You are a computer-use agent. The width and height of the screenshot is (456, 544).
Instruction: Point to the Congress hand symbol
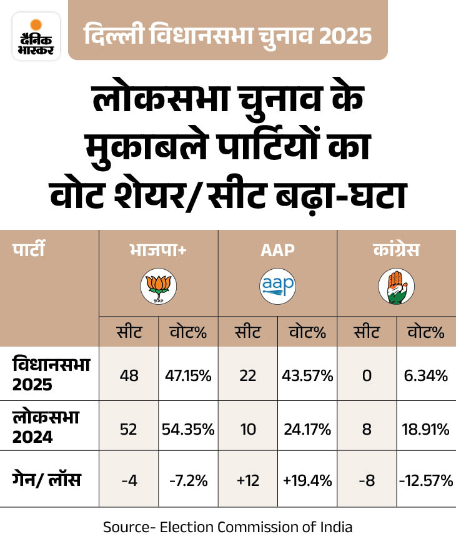coord(396,287)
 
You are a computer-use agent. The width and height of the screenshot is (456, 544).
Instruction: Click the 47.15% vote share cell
coord(189,375)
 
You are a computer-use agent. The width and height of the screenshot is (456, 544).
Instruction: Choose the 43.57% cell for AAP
coord(308,375)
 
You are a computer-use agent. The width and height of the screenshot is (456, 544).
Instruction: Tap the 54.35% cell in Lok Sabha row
coord(189,429)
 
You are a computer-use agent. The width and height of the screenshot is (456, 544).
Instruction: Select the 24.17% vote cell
coord(308,429)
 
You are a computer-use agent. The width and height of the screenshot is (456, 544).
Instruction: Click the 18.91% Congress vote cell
coord(427,429)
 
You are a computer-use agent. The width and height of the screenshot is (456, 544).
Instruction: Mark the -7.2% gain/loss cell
coord(189,480)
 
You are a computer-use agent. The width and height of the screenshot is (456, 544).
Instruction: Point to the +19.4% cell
coord(308,480)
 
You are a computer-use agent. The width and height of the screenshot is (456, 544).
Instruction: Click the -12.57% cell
coord(427,480)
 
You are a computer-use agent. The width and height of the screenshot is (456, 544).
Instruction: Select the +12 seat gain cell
coord(247,480)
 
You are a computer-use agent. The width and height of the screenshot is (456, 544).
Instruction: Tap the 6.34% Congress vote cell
coord(427,375)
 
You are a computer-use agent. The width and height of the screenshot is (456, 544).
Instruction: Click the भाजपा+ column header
coord(158,251)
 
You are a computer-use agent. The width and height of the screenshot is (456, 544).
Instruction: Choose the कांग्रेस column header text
coord(396,251)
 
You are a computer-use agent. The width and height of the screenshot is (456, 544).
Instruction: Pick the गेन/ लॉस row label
coord(47,480)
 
